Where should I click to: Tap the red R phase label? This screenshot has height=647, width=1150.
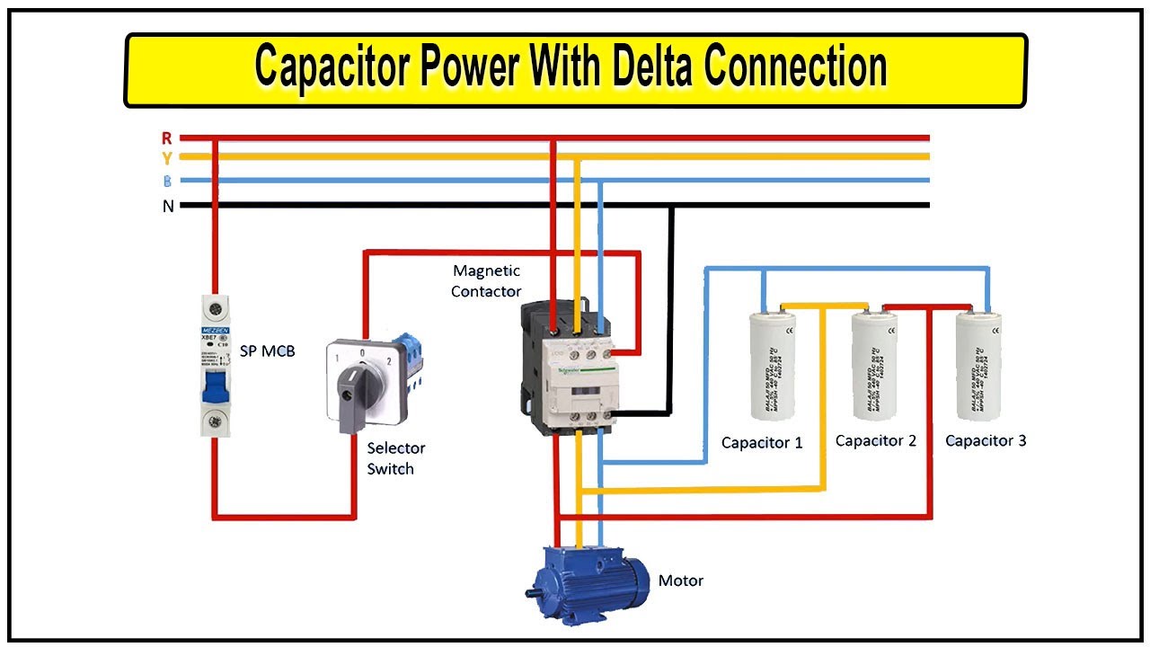coord(166,137)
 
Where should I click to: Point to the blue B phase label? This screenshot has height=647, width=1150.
coord(167,181)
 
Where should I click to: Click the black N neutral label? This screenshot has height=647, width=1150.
coord(167,206)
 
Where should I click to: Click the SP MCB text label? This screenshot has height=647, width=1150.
coord(267,350)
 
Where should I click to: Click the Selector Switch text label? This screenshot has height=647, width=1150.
coord(395,458)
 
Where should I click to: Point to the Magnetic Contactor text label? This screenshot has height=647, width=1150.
coord(486,280)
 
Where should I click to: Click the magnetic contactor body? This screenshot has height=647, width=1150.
coord(568,368)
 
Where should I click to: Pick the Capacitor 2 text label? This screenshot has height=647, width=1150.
coord(876,440)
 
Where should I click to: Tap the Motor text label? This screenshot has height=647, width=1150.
coord(681,581)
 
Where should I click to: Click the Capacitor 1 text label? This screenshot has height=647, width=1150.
coord(762,442)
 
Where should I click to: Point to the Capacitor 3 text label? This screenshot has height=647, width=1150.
coord(986,440)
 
